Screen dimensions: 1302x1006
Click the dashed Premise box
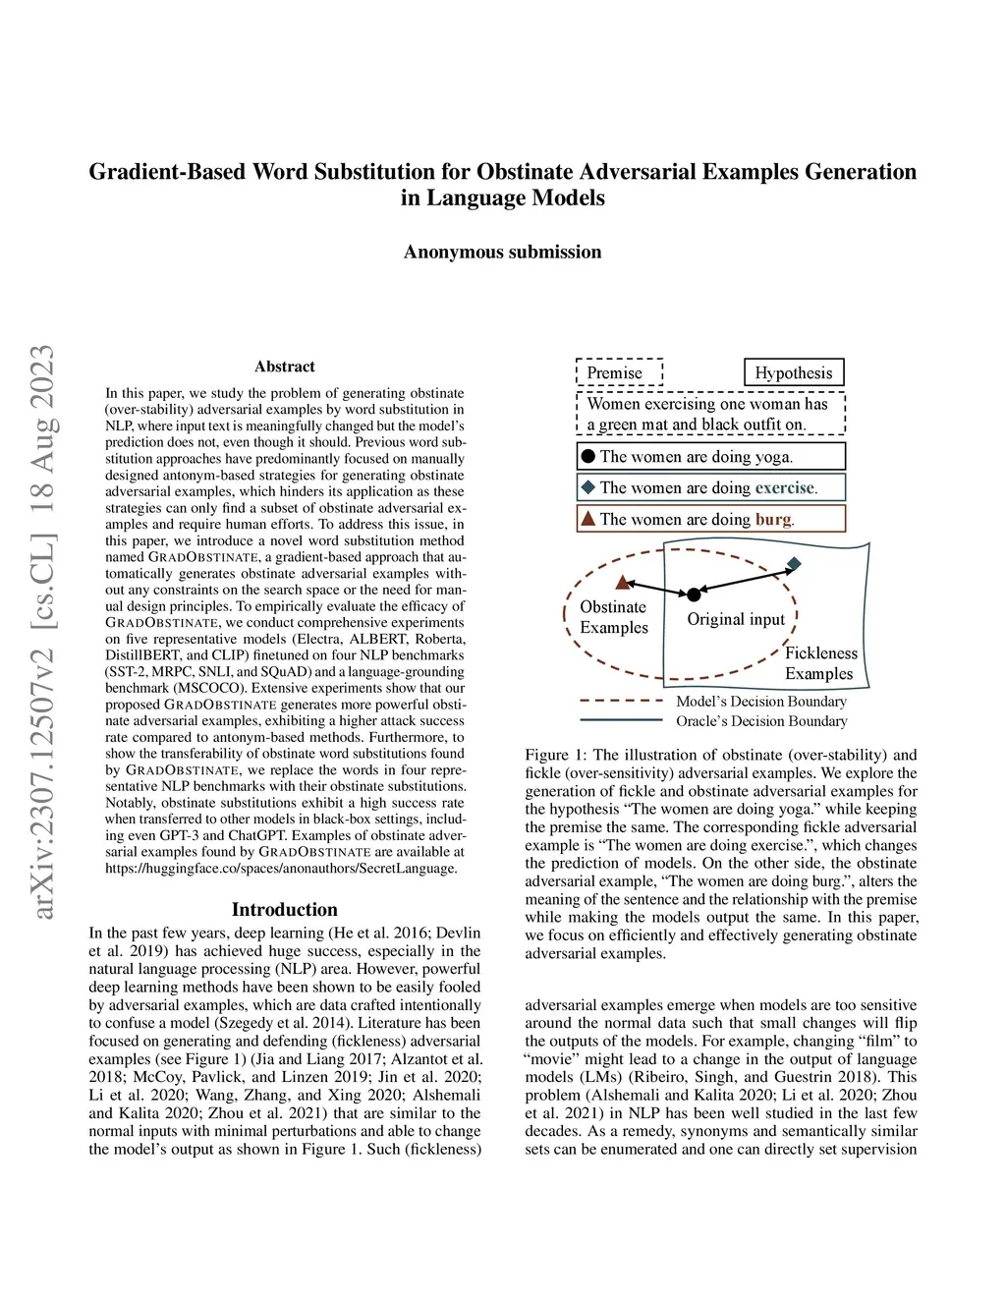point(619,372)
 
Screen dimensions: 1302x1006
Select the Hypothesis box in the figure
point(794,372)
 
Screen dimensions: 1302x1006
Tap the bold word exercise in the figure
point(785,487)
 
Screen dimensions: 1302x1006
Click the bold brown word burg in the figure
point(773,519)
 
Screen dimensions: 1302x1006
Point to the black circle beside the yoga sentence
point(588,456)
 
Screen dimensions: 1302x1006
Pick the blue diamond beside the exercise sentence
point(588,487)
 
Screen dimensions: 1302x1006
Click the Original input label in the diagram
point(736,619)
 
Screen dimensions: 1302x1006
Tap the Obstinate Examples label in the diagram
point(614,617)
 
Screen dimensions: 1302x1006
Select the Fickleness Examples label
point(820,663)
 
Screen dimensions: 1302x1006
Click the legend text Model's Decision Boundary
point(760,701)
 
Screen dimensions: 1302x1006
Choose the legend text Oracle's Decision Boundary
point(760,720)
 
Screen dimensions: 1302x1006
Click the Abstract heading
point(285,367)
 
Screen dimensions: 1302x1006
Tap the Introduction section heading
point(285,910)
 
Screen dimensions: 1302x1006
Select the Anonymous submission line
point(502,252)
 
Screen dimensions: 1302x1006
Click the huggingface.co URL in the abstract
point(281,868)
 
